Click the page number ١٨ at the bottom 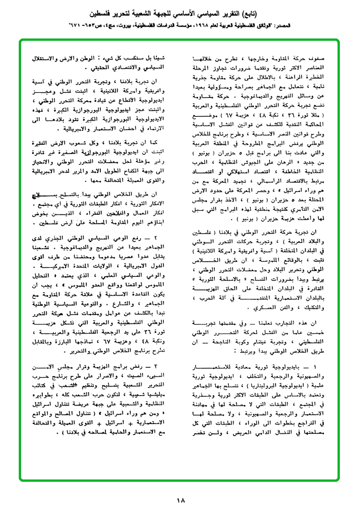click(180, 500)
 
